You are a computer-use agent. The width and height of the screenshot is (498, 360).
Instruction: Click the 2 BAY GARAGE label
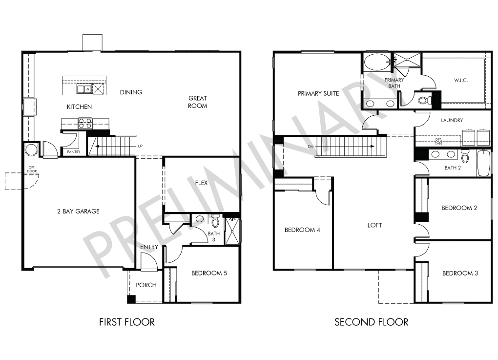click(x=78, y=212)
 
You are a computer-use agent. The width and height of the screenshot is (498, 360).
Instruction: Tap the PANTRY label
click(x=74, y=152)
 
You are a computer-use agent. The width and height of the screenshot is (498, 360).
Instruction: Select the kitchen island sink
click(x=84, y=89)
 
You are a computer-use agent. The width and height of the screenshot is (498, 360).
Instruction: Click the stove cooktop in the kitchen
click(x=85, y=123)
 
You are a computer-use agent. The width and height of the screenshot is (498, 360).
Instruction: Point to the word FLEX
click(x=201, y=183)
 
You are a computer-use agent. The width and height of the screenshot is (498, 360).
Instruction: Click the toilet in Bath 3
click(x=215, y=221)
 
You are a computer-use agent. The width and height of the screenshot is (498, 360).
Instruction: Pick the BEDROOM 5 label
click(x=209, y=273)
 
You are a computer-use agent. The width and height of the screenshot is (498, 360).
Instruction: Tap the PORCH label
click(x=146, y=285)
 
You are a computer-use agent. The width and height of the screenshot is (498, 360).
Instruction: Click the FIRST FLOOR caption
click(x=127, y=322)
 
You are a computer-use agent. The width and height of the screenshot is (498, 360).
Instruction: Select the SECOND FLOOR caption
click(x=371, y=322)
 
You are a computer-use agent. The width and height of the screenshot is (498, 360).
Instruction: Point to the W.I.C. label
click(x=461, y=80)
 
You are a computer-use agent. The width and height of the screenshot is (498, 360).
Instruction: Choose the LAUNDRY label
click(x=452, y=120)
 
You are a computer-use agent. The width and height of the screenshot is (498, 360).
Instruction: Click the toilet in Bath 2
click(x=465, y=156)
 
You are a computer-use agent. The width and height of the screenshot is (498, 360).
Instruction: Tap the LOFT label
click(x=374, y=225)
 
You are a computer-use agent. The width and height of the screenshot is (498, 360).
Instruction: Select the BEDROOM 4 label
click(x=302, y=230)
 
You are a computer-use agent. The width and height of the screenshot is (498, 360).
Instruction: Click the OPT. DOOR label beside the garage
click(x=32, y=169)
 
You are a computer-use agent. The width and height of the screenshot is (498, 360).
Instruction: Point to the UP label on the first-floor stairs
click(x=140, y=146)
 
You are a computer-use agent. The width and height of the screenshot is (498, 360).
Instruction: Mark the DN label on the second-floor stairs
click(x=311, y=147)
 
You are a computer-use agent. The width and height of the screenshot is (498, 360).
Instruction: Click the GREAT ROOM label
click(x=198, y=102)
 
